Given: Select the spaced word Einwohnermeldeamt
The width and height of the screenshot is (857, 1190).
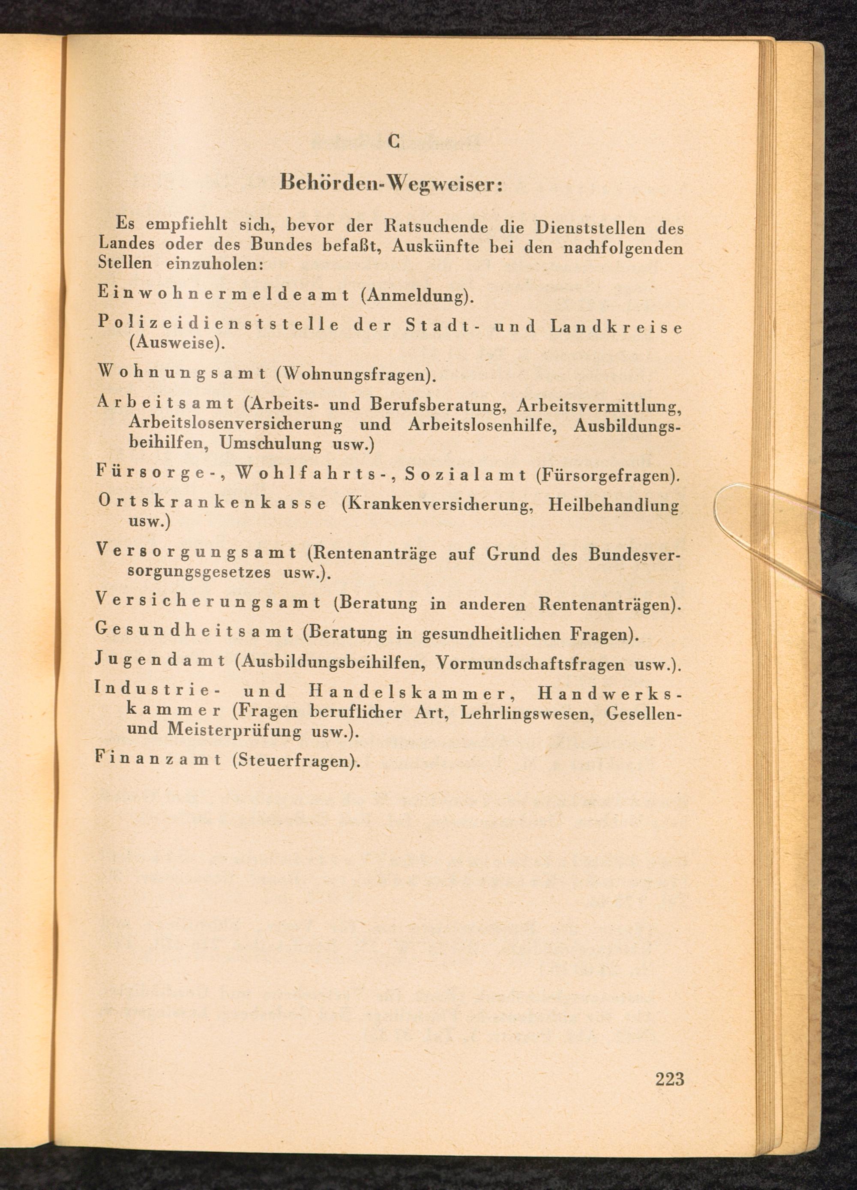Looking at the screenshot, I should pyautogui.click(x=224, y=294).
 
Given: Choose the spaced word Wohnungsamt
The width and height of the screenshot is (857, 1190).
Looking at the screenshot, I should pyautogui.click(x=181, y=374).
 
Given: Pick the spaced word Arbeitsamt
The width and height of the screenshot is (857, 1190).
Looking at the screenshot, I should pyautogui.click(x=165, y=404).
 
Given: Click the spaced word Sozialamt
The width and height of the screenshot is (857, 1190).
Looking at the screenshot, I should pyautogui.click(x=466, y=475).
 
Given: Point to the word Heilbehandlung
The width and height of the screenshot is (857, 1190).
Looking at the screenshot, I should pyautogui.click(x=613, y=506).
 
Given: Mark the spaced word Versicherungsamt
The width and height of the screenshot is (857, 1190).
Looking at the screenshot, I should pyautogui.click(x=208, y=602).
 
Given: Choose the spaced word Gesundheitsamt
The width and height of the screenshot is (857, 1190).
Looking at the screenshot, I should pyautogui.click(x=194, y=631).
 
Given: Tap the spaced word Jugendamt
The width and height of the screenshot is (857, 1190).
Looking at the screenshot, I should pyautogui.click(x=161, y=661).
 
